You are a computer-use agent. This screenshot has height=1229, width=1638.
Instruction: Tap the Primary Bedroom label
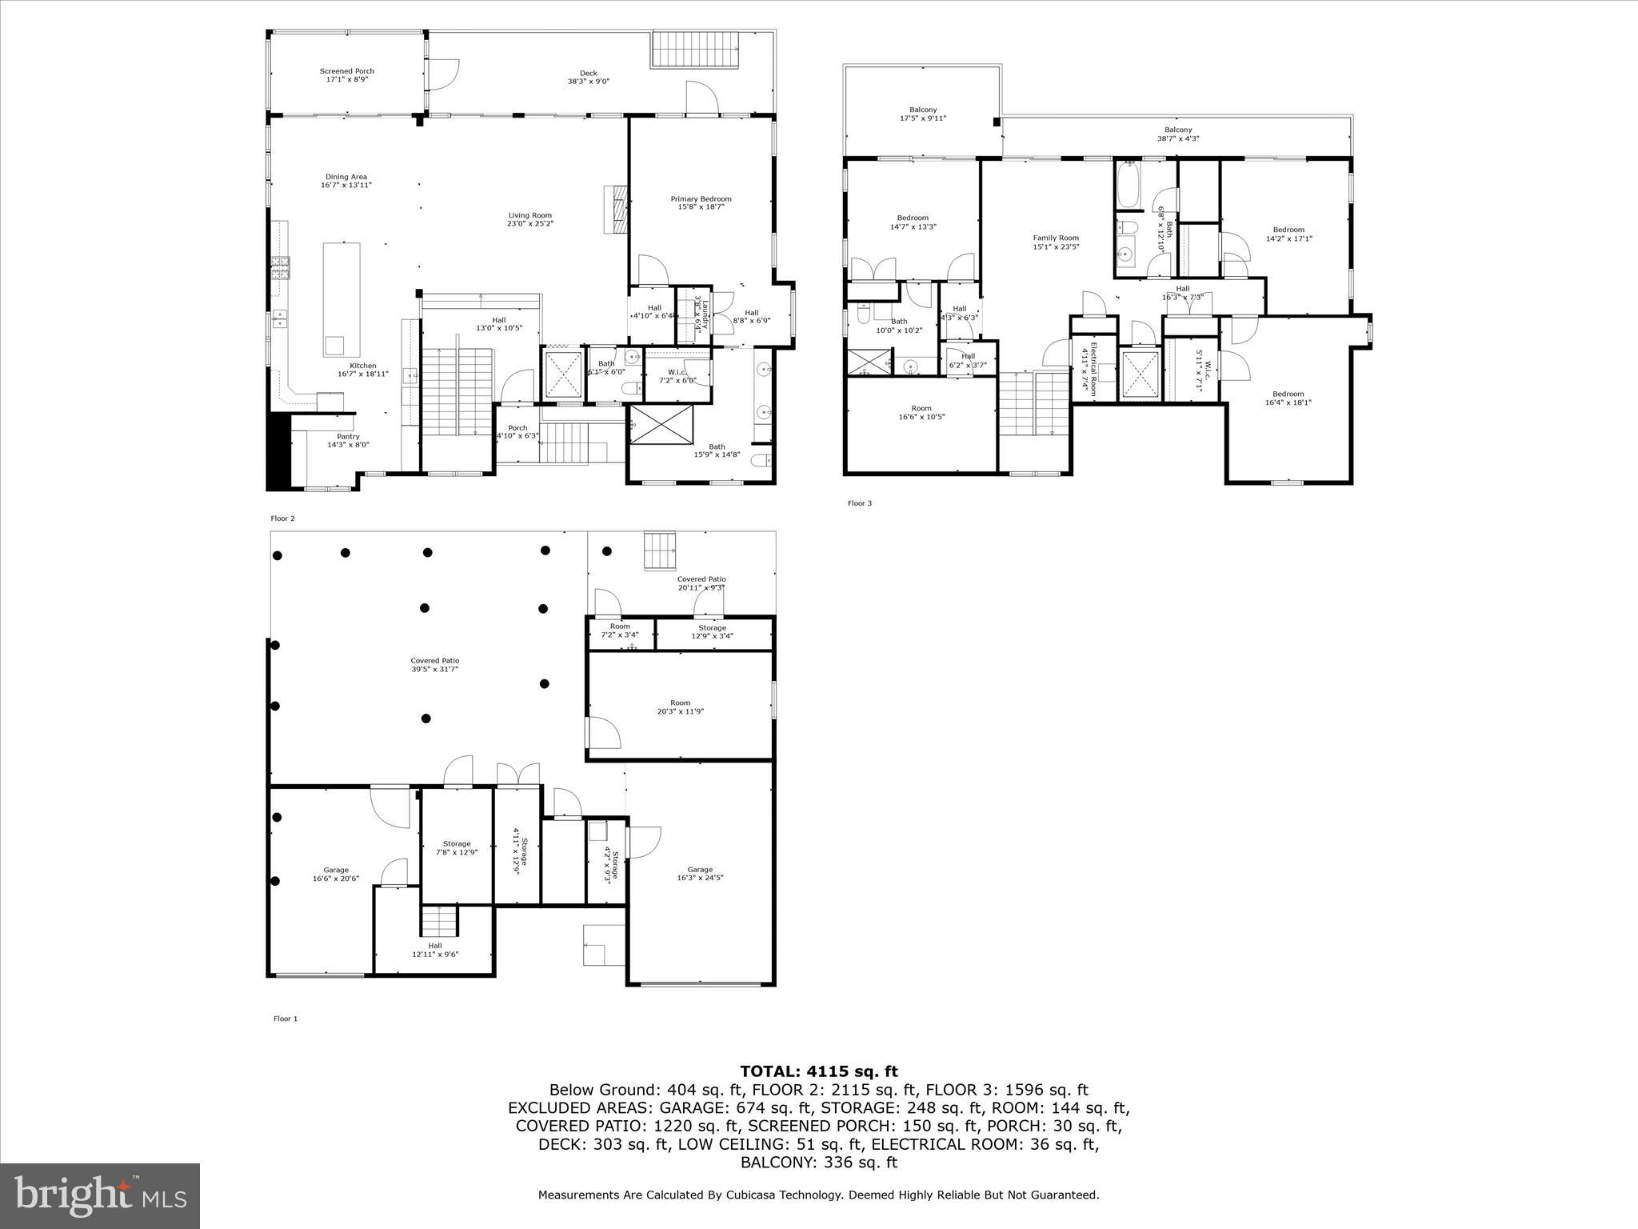coord(701,199)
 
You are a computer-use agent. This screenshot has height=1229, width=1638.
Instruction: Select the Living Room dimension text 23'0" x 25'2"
coord(530,224)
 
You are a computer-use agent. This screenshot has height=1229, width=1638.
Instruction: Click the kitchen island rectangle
coord(342,299)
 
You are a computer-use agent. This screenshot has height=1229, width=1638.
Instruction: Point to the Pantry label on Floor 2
coord(348,437)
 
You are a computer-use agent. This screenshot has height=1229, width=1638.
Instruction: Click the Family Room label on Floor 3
coord(1056,238)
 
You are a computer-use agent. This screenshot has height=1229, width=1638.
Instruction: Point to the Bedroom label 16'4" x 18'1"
coord(1288,394)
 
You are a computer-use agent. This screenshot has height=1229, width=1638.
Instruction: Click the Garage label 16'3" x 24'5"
coord(700,870)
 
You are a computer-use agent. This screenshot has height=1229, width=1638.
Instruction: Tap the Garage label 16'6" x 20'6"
coord(336,871)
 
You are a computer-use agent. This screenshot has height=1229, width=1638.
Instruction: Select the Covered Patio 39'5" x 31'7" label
coord(436,661)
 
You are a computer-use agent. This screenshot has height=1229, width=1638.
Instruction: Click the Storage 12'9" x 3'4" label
coord(712,628)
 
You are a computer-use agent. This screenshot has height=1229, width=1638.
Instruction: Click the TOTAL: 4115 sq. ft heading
coord(818,1071)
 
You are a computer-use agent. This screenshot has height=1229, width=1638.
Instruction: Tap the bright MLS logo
coord(100,1195)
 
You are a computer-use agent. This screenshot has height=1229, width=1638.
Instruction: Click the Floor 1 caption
coord(286,1019)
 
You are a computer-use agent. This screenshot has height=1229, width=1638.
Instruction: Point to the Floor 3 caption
coord(860,503)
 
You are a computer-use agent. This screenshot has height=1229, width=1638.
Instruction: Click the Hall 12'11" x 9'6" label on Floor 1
coord(435,946)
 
